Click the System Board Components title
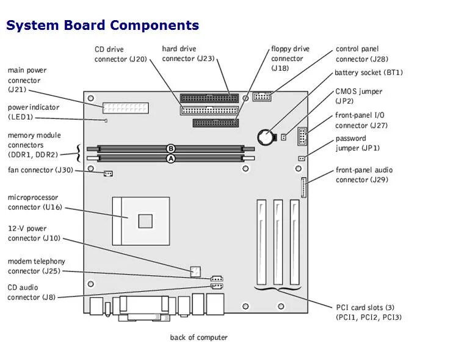pos(103,26)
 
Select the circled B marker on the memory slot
pos(171,148)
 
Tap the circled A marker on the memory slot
pos(171,158)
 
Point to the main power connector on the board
pos(125,109)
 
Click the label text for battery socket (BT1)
pos(368,73)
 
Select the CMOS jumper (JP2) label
pos(358,96)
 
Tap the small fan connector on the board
pos(108,174)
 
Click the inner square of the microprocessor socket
pos(145,220)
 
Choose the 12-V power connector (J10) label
pos(35,233)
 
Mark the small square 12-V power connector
pos(195,270)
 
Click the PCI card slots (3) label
pos(369,312)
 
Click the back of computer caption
pos(198,337)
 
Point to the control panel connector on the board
pos(262,96)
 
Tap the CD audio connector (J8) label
pos(31,292)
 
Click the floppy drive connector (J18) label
pos(290,59)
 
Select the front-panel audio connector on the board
pos(304,188)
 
